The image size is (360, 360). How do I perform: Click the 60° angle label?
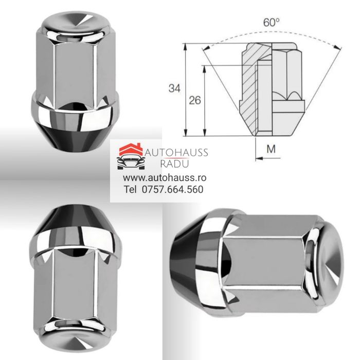click(x=272, y=23)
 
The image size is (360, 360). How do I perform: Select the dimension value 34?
click(x=175, y=88)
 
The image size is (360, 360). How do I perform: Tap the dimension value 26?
click(x=195, y=100)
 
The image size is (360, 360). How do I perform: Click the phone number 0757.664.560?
click(x=171, y=189)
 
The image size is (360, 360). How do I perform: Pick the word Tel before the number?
click(x=129, y=189)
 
